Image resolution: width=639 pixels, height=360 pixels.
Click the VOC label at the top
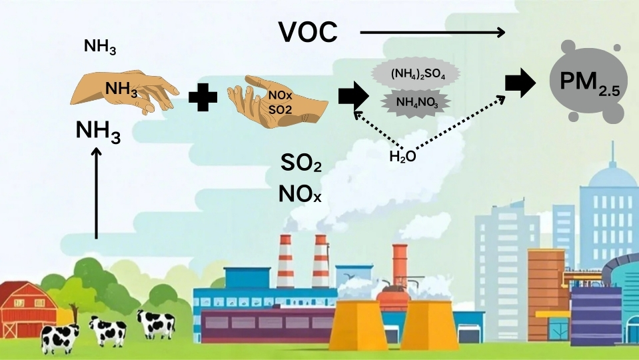(x=308, y=31)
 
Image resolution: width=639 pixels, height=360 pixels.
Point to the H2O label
(x=402, y=157)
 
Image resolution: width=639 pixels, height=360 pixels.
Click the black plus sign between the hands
(x=203, y=97)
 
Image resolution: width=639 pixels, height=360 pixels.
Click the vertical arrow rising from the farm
(x=97, y=193)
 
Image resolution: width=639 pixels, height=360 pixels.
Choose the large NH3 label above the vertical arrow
(x=98, y=131)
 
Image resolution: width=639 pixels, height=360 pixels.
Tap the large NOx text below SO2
(x=300, y=195)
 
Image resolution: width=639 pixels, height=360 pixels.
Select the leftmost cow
(x=59, y=337)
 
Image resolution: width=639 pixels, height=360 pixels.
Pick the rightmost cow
(x=157, y=323)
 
